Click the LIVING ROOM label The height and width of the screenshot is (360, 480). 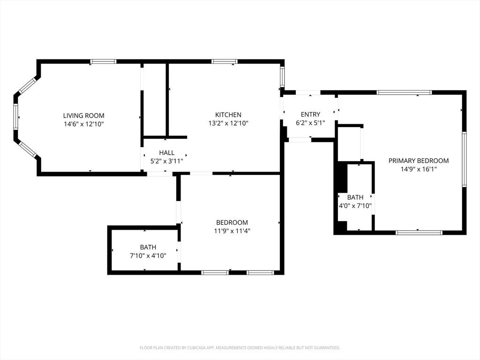[84, 115]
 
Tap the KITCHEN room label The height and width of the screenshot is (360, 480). [228, 115]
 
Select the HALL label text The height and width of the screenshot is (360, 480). [166, 152]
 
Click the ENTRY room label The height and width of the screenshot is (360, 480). [310, 114]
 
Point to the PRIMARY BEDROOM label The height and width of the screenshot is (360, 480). [419, 161]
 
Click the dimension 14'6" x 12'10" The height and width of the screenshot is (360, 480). [84, 124]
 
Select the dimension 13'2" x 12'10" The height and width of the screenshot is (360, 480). [228, 123]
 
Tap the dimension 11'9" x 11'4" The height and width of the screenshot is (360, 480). [232, 231]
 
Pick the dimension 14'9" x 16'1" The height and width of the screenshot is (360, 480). [419, 169]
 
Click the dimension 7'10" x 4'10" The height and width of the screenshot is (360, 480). [148, 255]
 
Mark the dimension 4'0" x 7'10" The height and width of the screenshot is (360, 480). [355, 206]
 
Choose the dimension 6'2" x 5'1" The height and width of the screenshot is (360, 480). [310, 123]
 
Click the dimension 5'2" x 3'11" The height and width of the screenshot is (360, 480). [166, 161]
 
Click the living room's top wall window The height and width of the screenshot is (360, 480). [103, 61]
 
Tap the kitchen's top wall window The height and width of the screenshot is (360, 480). [224, 61]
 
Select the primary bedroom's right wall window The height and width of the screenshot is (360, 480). [464, 159]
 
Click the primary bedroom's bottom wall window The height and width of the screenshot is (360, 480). [419, 232]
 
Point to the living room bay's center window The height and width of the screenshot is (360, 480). [16, 117]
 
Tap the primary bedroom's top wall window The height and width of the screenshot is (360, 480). [404, 92]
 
